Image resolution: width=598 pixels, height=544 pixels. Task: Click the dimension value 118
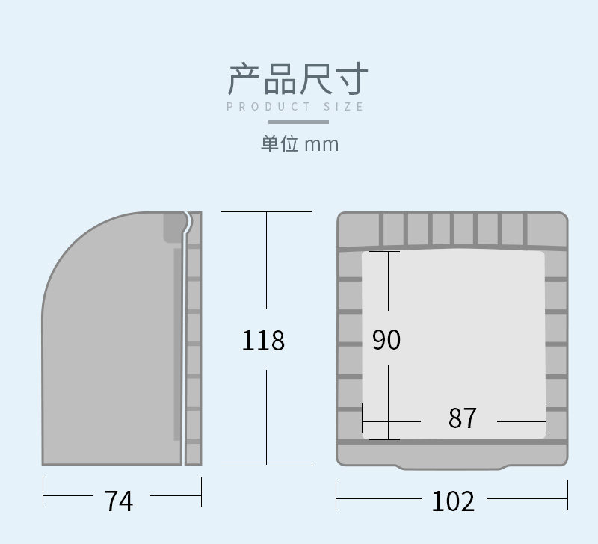tap(263, 341)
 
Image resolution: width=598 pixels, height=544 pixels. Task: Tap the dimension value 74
tap(119, 501)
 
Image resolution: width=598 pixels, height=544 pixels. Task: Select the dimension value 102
tap(452, 501)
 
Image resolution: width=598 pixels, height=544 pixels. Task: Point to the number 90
tap(386, 340)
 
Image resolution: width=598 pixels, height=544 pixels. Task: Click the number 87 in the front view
tap(462, 418)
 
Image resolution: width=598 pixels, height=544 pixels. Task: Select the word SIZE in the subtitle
tap(345, 107)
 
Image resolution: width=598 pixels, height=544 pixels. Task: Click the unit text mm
tap(321, 144)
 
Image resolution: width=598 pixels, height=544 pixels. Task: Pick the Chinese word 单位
tap(280, 143)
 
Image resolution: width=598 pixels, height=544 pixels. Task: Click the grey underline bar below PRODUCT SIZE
tap(298, 120)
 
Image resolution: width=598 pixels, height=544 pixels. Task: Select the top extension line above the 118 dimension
tap(266, 212)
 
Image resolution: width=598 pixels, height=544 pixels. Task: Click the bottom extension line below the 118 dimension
tap(266, 465)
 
